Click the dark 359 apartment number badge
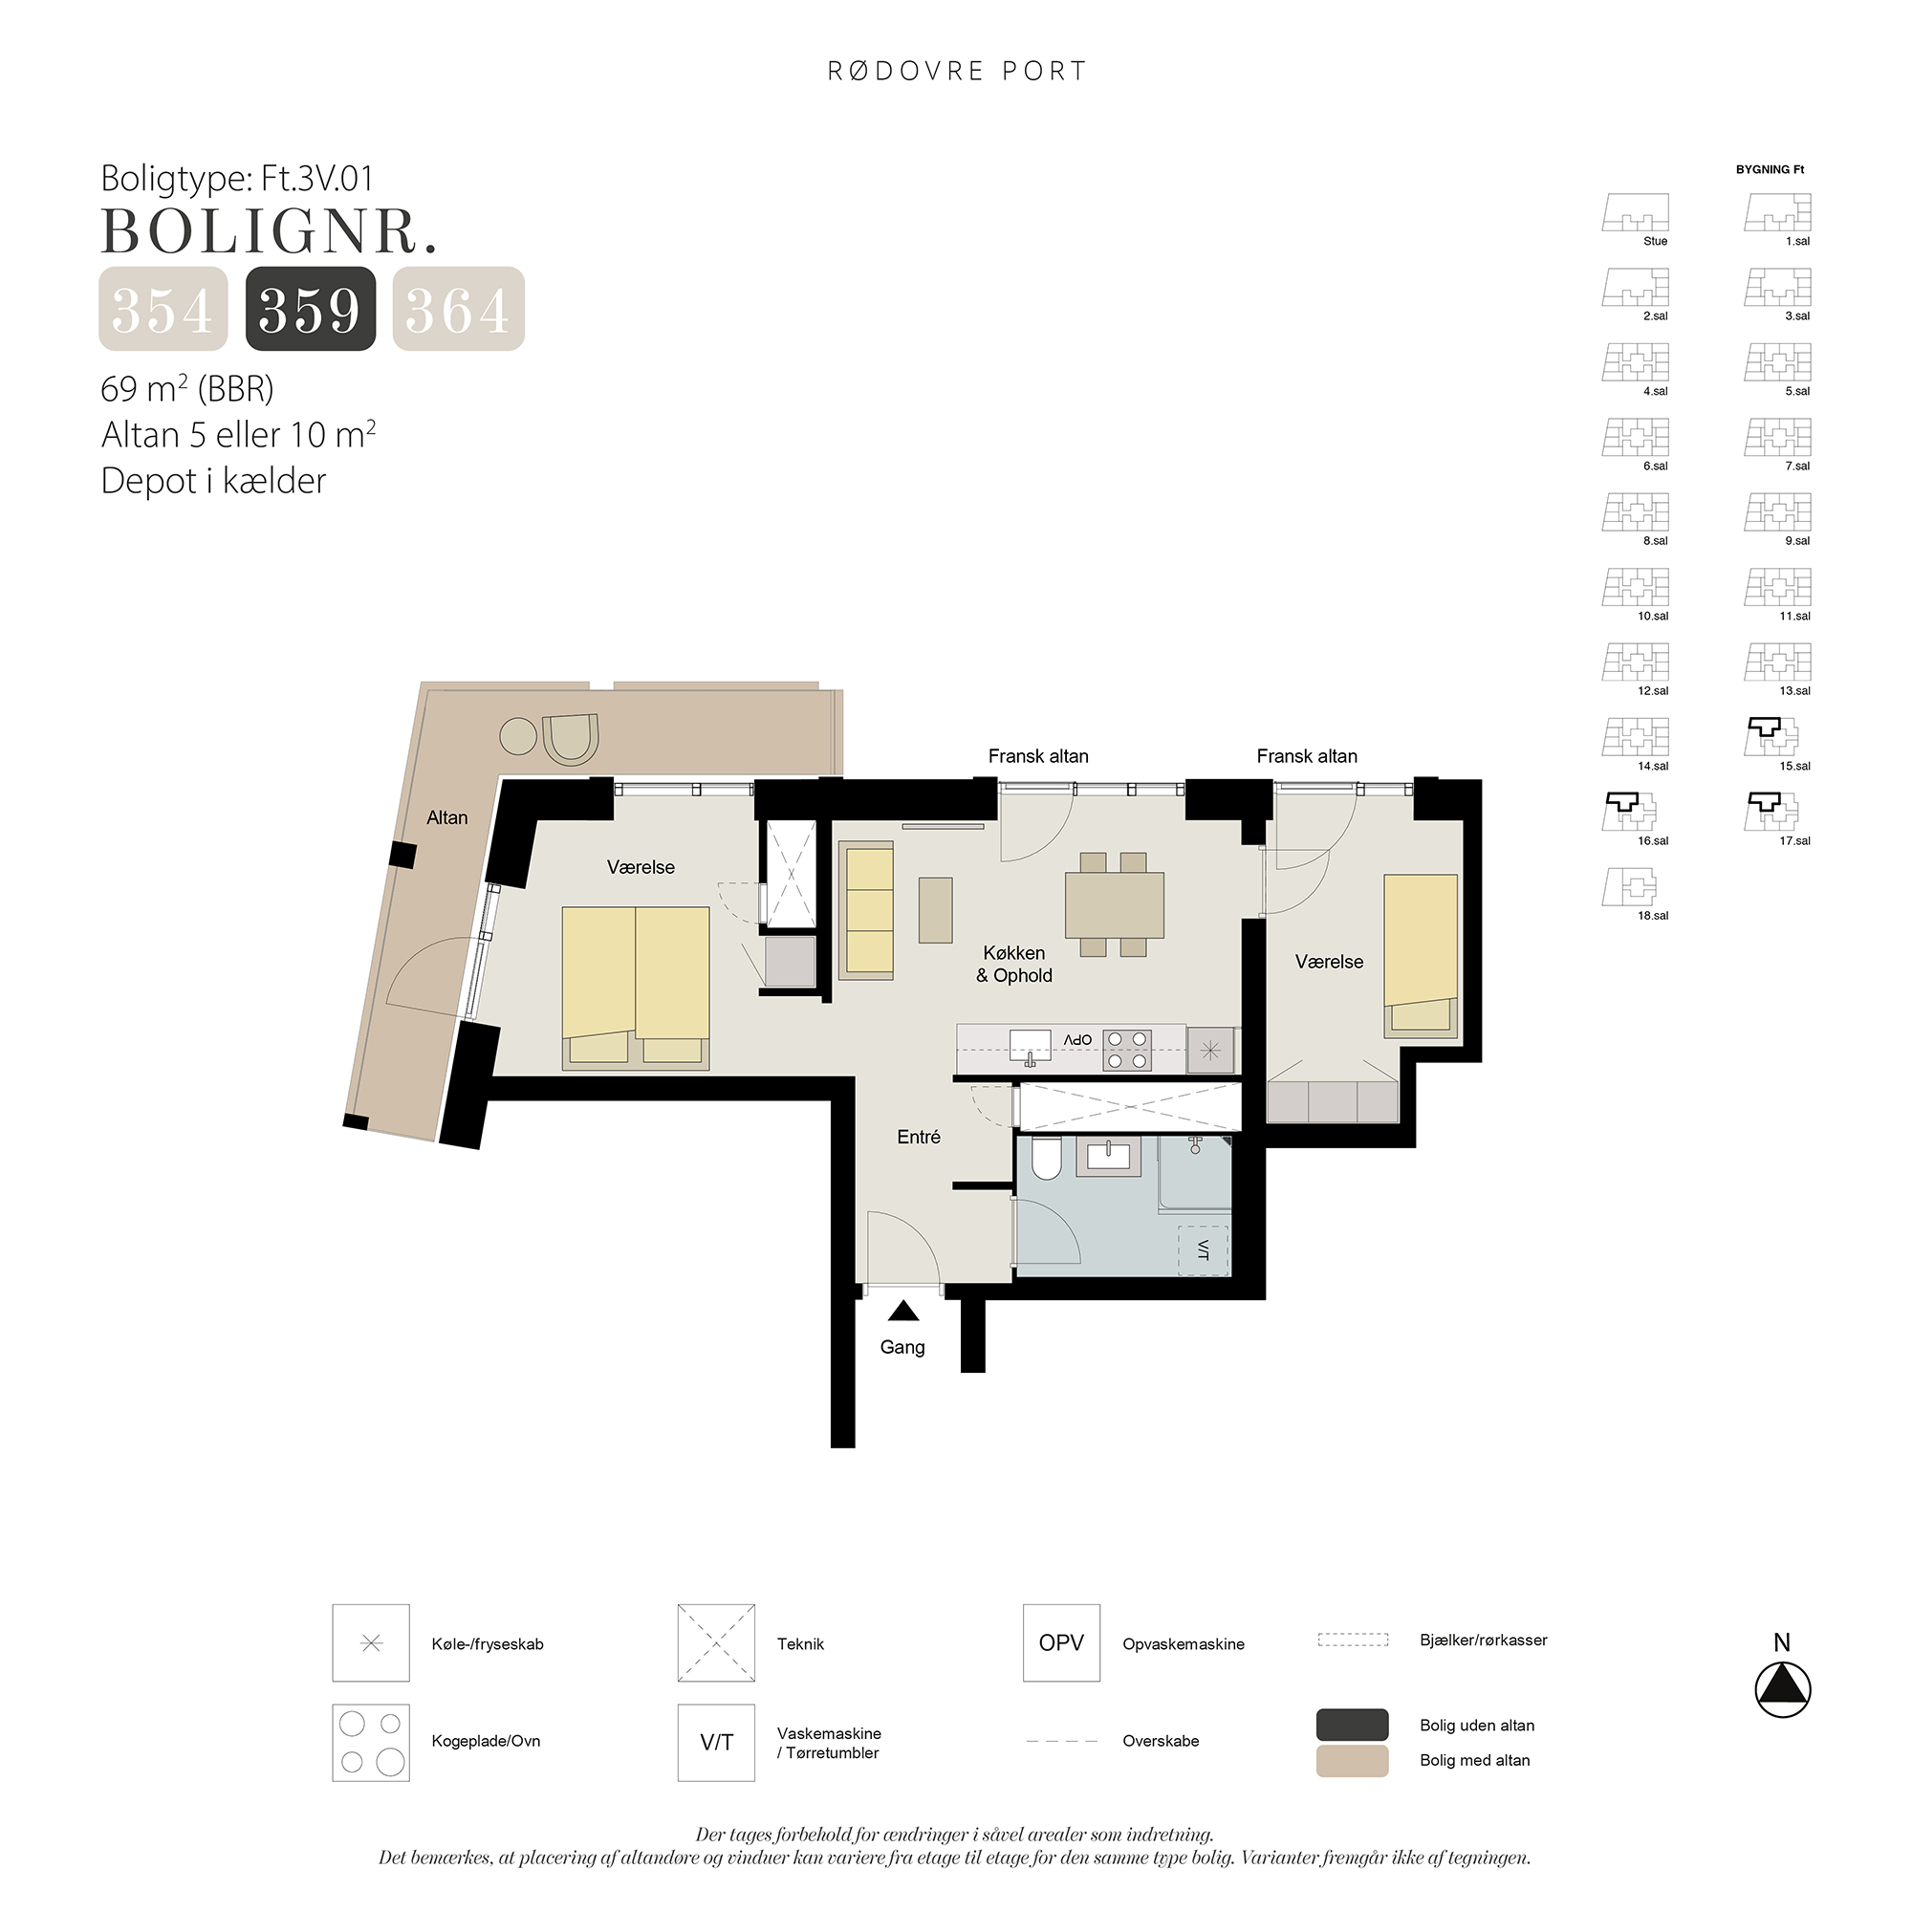311,309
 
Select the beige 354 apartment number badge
163,309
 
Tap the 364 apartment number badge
458,309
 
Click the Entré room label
919,1138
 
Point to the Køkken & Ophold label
1014,964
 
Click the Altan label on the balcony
447,817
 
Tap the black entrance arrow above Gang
902,1312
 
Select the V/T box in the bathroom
1204,1249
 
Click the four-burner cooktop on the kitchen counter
1128,1050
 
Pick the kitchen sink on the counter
1031,1045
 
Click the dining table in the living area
1115,904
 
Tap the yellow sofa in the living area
866,910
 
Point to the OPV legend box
1061,1642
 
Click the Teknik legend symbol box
716,1642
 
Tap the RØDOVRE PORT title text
957,72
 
